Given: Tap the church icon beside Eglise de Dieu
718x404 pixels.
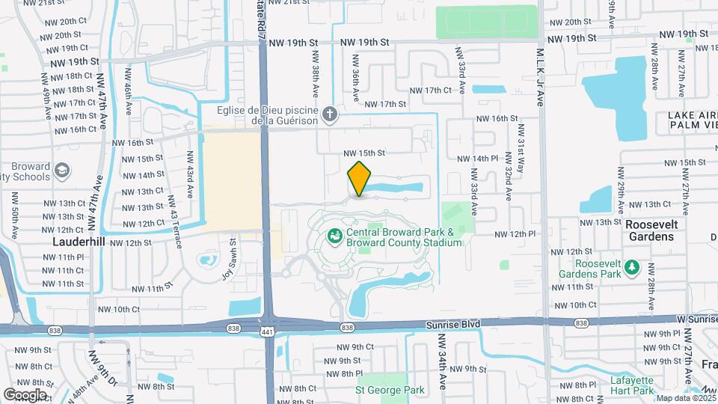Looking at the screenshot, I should coord(331,114).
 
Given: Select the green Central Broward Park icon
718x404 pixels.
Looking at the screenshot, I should coord(335,236).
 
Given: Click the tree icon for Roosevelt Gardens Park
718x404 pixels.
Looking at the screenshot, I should coord(633,267).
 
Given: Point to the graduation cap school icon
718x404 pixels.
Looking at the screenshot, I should coord(63,171).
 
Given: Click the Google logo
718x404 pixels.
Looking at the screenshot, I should coord(25,394).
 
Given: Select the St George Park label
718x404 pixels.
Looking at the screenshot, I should coord(390,390).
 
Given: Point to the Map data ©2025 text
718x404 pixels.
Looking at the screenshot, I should coord(684,398).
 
